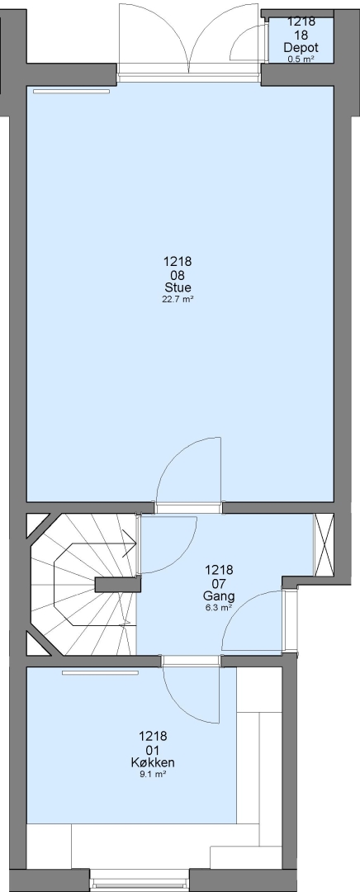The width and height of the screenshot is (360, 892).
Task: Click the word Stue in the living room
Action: (178, 287)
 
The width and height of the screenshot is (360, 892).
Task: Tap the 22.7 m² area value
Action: (178, 299)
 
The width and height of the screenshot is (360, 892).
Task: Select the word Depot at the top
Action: (301, 48)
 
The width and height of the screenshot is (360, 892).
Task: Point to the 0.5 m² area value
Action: (301, 59)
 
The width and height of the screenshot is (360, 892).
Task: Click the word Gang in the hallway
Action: (219, 596)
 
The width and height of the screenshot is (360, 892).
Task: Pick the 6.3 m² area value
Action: (219, 608)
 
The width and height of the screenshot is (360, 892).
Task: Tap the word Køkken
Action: (153, 762)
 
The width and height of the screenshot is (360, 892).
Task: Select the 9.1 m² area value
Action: (153, 774)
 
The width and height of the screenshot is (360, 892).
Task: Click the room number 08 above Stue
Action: (178, 275)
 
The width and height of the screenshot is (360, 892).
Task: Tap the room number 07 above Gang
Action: (219, 583)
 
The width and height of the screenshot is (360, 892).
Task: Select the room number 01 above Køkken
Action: (153, 749)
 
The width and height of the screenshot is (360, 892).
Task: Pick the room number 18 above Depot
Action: (301, 35)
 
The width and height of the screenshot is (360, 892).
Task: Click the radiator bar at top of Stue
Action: (71, 91)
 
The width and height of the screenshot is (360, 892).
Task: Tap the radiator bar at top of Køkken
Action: (101, 673)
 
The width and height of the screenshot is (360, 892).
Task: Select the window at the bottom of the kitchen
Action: (140, 880)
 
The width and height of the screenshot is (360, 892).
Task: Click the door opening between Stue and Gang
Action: (189, 508)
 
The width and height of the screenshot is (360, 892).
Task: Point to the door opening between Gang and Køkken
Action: (191, 661)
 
